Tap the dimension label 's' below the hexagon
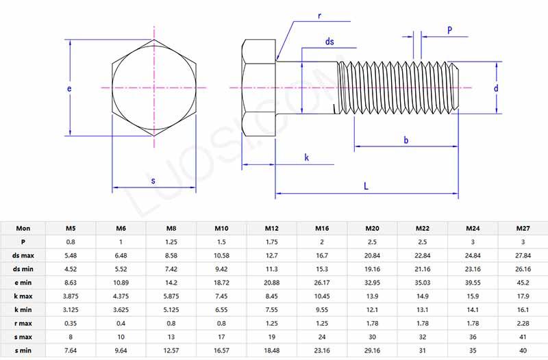point(153,181)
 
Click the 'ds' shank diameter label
point(329,42)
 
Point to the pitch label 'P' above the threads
point(449,30)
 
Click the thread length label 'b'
point(406,140)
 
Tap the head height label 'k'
point(306,158)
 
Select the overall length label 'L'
point(366,186)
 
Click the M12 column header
point(272,228)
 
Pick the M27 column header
point(523,228)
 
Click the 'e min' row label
point(23,282)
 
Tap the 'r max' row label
point(23,323)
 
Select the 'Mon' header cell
point(23,228)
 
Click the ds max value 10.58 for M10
point(222,255)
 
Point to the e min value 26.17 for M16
point(322,282)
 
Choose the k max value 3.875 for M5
point(71,296)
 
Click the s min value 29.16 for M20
point(372,350)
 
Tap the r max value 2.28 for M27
point(523,323)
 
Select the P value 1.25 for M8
point(171,242)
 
